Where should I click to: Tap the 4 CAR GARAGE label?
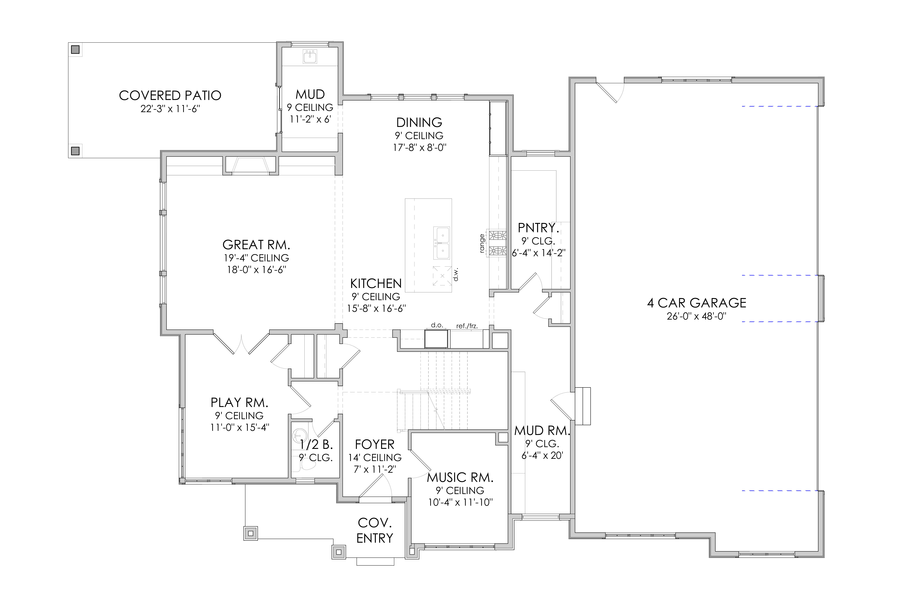coord(697,303)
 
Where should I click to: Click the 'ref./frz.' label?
coord(467,326)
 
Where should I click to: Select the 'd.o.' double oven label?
coord(437,325)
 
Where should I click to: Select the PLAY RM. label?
coord(239,403)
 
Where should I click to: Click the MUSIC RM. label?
coord(460,478)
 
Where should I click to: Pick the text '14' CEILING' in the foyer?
coord(375,458)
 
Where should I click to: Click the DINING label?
coord(419,123)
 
